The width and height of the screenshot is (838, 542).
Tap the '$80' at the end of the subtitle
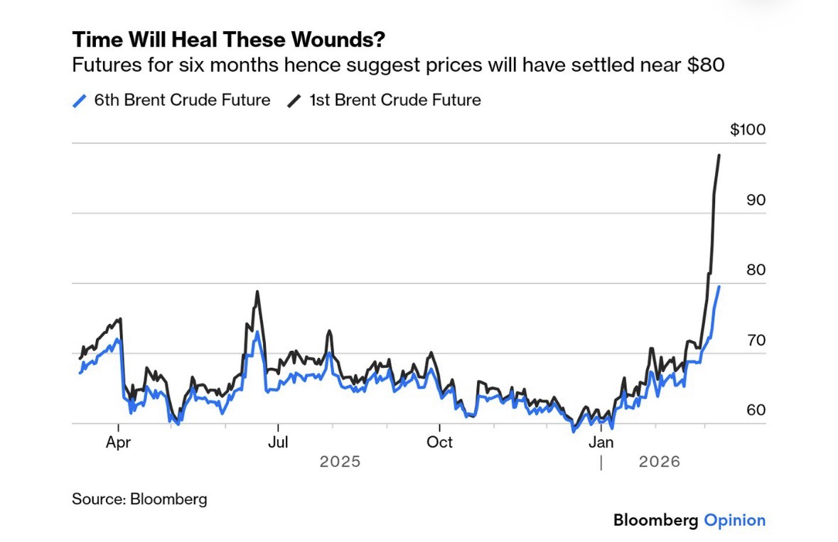[x=704, y=66]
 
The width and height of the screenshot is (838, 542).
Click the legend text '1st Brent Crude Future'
[x=394, y=100]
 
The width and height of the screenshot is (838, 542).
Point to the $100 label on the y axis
[x=747, y=131]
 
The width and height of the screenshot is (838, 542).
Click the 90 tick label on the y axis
[x=756, y=200]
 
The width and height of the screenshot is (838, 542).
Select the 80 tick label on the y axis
[x=756, y=271]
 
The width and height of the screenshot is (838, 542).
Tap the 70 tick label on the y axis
[x=756, y=341]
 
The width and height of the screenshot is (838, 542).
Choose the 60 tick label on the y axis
[x=756, y=411]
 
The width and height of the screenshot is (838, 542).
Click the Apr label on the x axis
[x=118, y=443]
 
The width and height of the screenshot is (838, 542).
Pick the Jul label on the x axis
[x=278, y=443]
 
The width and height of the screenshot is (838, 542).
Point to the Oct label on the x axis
[x=439, y=443]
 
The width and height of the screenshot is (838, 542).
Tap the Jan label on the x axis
[x=601, y=443]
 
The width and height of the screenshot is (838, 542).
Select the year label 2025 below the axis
[x=340, y=462]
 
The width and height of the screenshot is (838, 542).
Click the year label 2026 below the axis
[x=660, y=462]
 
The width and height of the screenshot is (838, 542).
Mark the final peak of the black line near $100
[x=719, y=156]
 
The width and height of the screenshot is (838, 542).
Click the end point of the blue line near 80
[x=719, y=286]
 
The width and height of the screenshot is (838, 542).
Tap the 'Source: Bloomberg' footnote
[x=139, y=499]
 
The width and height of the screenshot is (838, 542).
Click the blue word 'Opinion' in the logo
[x=735, y=520]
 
